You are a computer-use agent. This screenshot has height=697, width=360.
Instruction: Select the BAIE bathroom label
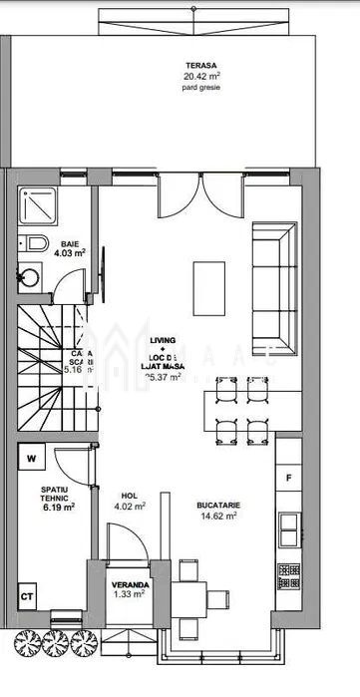click(70, 243)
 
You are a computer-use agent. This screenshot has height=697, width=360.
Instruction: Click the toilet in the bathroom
click(32, 242)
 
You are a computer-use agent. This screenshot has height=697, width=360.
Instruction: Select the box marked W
click(32, 459)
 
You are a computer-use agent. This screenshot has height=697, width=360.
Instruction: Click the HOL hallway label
click(130, 495)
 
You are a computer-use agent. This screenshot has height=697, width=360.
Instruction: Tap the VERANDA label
click(131, 585)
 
